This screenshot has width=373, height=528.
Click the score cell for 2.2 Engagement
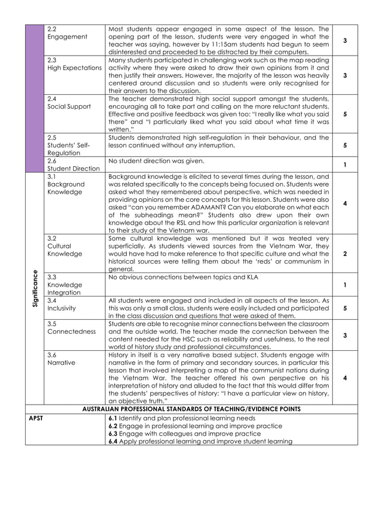pyautogui.click(x=345, y=40)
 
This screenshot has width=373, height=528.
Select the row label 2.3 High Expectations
pyautogui.click(x=74, y=64)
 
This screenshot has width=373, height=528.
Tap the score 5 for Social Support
pyautogui.click(x=345, y=114)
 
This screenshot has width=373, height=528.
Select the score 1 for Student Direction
pyautogui.click(x=345, y=165)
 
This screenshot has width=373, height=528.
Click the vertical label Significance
pyautogui.click(x=35, y=291)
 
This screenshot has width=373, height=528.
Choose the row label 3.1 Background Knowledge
pyautogui.click(x=65, y=184)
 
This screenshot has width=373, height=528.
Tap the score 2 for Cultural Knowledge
pyautogui.click(x=345, y=254)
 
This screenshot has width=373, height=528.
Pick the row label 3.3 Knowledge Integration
pyautogui.click(x=64, y=285)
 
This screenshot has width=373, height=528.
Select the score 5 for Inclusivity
pyautogui.click(x=345, y=308)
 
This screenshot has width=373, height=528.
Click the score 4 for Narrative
pyautogui.click(x=345, y=378)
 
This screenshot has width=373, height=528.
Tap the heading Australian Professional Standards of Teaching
pyautogui.click(x=191, y=409)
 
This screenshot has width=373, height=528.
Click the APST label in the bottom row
pyautogui.click(x=36, y=419)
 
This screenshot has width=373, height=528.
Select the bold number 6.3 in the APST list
pyautogui.click(x=113, y=434)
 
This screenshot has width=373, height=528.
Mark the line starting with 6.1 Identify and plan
pyautogui.click(x=182, y=419)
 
